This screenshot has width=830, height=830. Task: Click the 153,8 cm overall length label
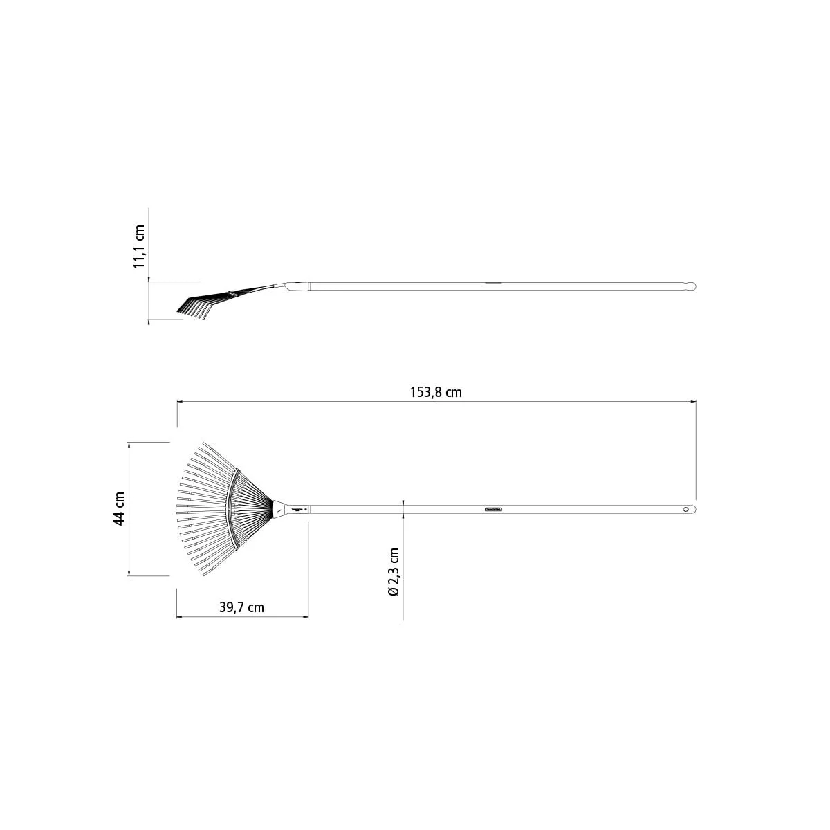point(436,392)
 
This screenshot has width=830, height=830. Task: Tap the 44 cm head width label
point(119,508)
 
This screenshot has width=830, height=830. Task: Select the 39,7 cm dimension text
point(241,607)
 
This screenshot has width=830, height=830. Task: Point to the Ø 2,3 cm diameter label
point(394,572)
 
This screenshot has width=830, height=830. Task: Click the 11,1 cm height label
point(139,247)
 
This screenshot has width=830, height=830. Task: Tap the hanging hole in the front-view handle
point(685,510)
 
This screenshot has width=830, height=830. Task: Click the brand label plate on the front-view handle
point(494,510)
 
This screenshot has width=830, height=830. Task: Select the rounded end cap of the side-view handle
point(692,286)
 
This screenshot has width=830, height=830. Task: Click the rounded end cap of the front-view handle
point(693,510)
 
